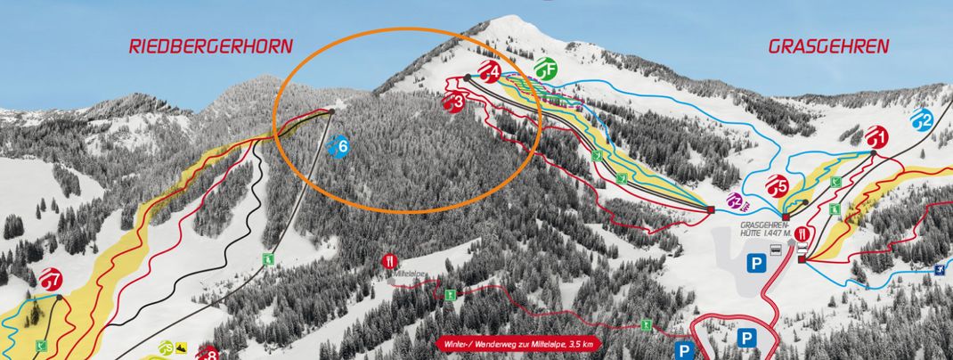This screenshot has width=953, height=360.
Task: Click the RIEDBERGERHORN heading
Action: click(x=210, y=46)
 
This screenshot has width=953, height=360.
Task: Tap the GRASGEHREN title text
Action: click(x=828, y=46)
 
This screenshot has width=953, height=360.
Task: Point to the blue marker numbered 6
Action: click(x=338, y=148)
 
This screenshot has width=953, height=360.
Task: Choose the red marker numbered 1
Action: click(x=876, y=137)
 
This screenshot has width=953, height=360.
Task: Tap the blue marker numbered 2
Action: click(x=923, y=119)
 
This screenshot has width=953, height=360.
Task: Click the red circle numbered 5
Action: click(x=778, y=186)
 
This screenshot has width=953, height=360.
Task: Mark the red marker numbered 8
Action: click(x=208, y=354)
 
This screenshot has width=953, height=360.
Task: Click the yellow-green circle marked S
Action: click(x=166, y=348)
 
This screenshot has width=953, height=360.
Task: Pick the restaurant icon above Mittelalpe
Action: click(x=388, y=261)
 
